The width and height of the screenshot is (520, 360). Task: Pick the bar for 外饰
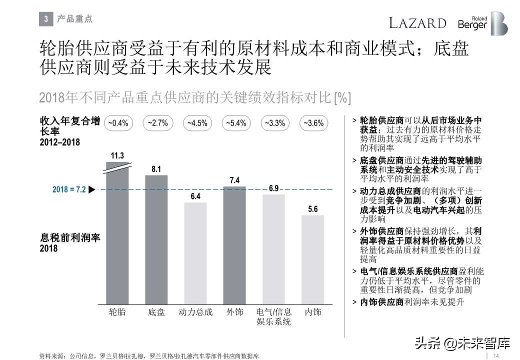(234, 245)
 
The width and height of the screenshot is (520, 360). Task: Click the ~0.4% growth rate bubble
(118, 123)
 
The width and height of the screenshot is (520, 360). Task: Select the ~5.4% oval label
(235, 123)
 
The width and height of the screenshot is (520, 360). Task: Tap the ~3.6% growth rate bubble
(313, 123)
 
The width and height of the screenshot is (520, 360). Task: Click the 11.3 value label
(117, 155)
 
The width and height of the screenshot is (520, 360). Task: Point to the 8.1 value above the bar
(156, 169)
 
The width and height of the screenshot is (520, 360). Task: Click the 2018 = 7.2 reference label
(69, 190)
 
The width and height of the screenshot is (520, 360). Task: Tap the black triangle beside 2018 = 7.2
(91, 190)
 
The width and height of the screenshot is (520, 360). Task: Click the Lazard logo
(417, 23)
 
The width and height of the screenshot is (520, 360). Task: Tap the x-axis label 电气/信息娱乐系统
(273, 317)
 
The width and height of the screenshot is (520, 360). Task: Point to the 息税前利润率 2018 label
(70, 242)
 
